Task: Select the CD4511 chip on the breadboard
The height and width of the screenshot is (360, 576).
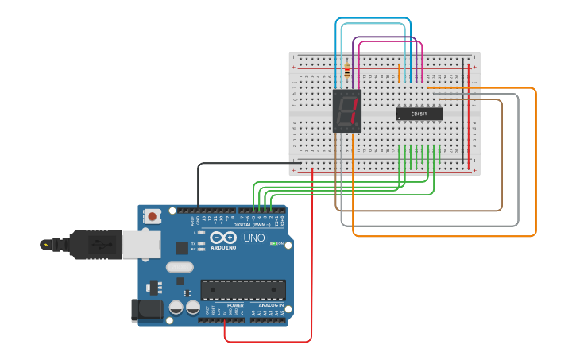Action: (x=419, y=114)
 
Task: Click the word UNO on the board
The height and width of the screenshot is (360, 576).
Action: (x=253, y=238)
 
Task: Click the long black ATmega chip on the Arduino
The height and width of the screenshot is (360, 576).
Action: (x=242, y=290)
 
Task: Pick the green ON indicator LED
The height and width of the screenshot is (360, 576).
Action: (x=273, y=243)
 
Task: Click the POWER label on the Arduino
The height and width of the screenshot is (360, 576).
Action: (x=235, y=305)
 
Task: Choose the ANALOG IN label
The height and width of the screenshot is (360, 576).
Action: (x=270, y=305)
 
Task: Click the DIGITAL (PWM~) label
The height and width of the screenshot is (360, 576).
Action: (x=253, y=225)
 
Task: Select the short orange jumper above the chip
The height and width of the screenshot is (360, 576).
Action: (x=399, y=73)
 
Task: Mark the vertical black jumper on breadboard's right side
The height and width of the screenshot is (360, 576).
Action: (x=462, y=111)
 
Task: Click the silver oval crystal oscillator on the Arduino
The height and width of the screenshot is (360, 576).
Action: (x=180, y=267)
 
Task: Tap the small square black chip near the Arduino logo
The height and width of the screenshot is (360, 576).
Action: (x=182, y=247)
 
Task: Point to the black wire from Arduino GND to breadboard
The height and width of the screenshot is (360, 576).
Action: (x=238, y=164)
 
